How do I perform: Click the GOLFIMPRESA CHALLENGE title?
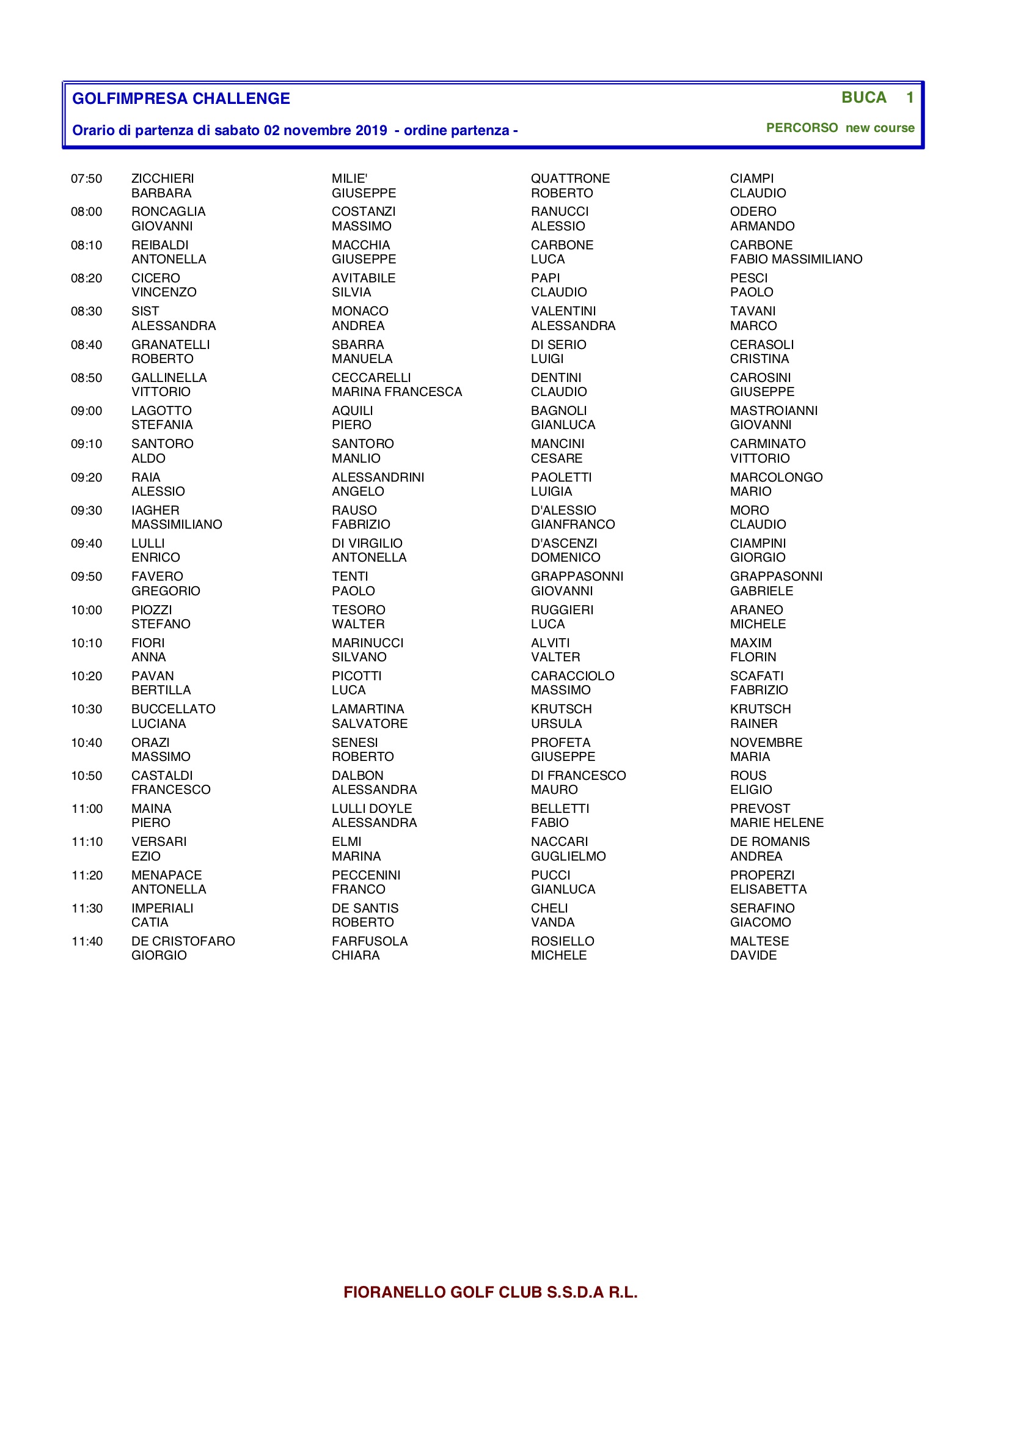coord(181,98)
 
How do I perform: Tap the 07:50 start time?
coord(87,179)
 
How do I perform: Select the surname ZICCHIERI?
coord(163,179)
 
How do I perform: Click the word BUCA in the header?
coord(864,98)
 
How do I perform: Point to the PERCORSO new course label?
coord(840,128)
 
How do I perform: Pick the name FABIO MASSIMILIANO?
coord(796,260)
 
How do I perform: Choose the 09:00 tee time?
coord(87,411)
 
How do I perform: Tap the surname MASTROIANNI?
coord(774,411)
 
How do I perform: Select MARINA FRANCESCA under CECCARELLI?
coord(397,392)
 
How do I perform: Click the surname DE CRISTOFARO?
coord(183,942)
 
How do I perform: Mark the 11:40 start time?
coord(87,942)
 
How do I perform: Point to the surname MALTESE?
coord(759,942)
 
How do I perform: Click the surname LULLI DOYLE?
coord(371,809)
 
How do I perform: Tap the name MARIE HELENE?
coord(777,823)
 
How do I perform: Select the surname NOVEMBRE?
coord(766,743)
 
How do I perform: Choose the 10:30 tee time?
coord(87,710)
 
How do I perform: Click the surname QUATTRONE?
coord(570,179)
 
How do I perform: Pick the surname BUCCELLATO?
coord(173,710)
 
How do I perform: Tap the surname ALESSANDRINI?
coord(378,478)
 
